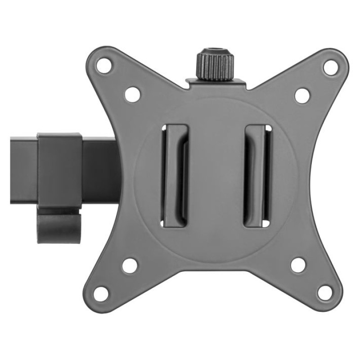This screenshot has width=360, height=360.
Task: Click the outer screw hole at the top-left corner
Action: tap(105, 64)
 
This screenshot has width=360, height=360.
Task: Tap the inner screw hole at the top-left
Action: tap(132, 94)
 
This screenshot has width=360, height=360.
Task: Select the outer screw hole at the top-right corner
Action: tap(330, 67)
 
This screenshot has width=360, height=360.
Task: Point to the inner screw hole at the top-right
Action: tap(302, 95)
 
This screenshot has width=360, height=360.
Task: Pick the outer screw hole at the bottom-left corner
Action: tap(102, 293)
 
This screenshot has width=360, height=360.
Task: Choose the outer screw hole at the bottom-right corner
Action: tap(324, 292)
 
